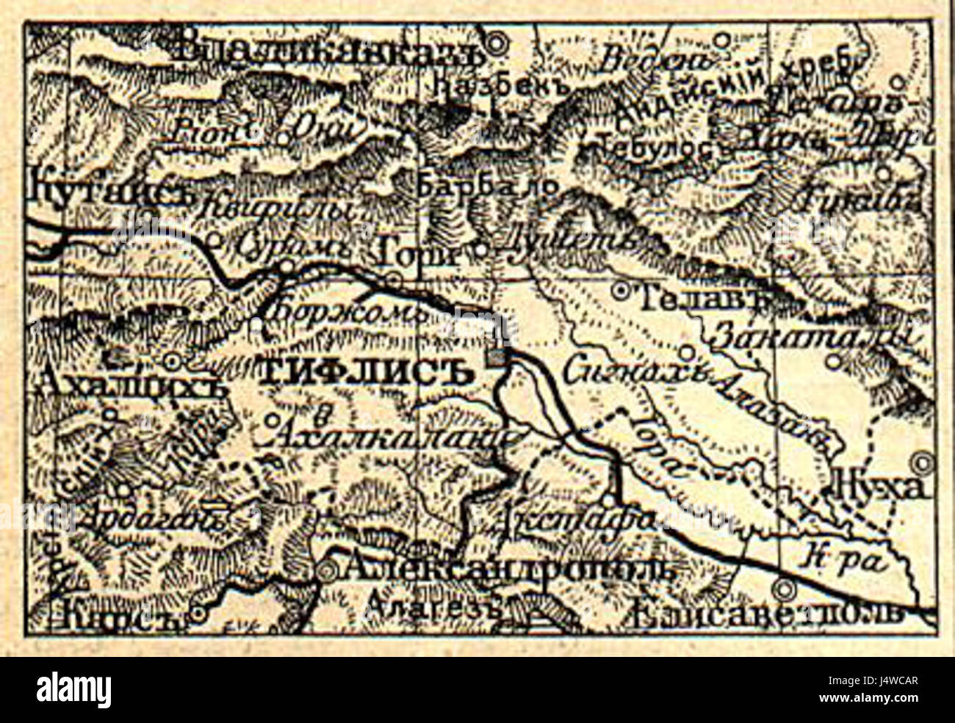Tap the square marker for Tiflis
pyautogui.click(x=499, y=357)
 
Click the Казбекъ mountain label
pyautogui.click(x=502, y=86)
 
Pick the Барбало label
pyautogui.click(x=488, y=186)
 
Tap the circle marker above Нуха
pyautogui.click(x=921, y=463)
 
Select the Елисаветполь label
pyautogui.click(x=768, y=614)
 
